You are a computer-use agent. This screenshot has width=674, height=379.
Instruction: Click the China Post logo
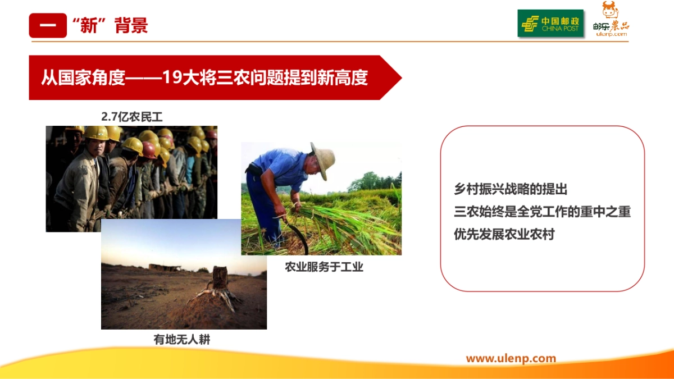tap(550, 24)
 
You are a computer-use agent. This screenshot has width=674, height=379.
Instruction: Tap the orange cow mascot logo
tap(609, 11)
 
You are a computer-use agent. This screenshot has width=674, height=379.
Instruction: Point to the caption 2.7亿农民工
tap(131, 116)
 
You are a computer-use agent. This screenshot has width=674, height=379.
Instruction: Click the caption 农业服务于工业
tap(324, 267)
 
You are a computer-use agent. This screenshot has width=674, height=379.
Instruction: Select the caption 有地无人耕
tap(182, 339)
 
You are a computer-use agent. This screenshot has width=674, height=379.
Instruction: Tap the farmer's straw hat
tap(323, 159)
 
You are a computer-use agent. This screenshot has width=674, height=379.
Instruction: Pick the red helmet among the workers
tap(149, 149)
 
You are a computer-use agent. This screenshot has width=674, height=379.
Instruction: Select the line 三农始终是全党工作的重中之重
tap(542, 212)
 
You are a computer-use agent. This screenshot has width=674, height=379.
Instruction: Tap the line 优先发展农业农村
tap(504, 234)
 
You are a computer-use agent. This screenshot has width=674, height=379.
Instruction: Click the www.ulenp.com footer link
tap(511, 358)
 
